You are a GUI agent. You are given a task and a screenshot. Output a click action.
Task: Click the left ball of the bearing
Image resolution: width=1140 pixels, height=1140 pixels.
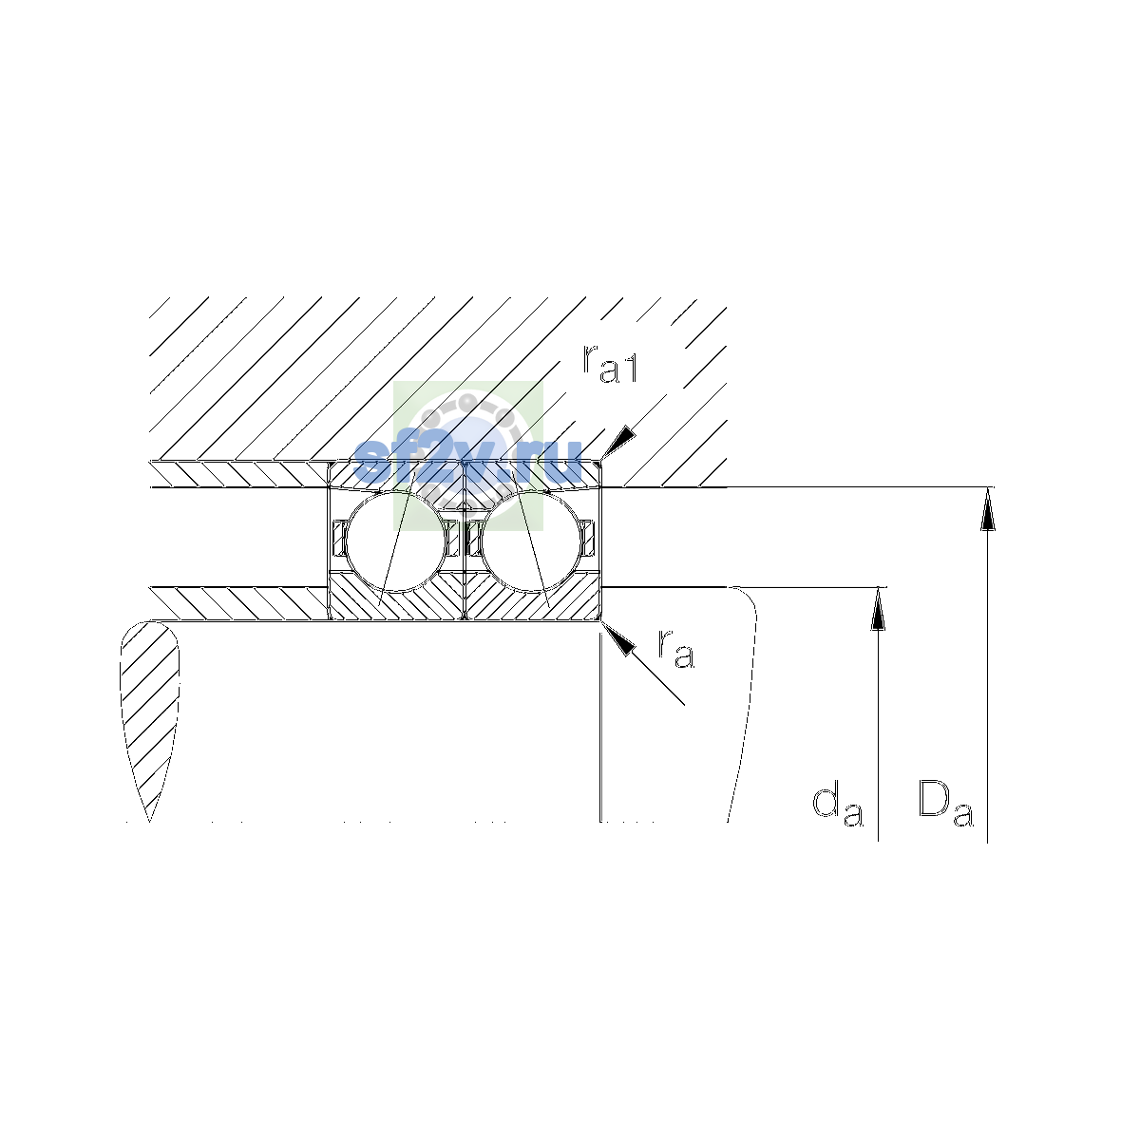396,541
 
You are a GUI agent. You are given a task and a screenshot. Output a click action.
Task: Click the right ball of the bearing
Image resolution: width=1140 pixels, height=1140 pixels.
532,541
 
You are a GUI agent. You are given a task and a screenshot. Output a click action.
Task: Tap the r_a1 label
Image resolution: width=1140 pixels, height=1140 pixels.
609,363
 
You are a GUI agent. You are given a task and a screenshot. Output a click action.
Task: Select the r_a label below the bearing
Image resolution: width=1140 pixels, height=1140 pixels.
675,649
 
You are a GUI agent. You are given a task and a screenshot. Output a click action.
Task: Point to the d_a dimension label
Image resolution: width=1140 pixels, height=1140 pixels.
837,807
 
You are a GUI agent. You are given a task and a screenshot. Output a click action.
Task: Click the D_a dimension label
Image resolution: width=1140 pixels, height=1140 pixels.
944,803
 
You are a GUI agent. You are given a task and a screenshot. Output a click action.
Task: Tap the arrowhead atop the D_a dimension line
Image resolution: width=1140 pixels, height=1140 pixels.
987,509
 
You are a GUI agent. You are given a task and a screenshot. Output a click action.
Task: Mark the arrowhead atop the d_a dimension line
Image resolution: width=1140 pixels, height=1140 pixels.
878,609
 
